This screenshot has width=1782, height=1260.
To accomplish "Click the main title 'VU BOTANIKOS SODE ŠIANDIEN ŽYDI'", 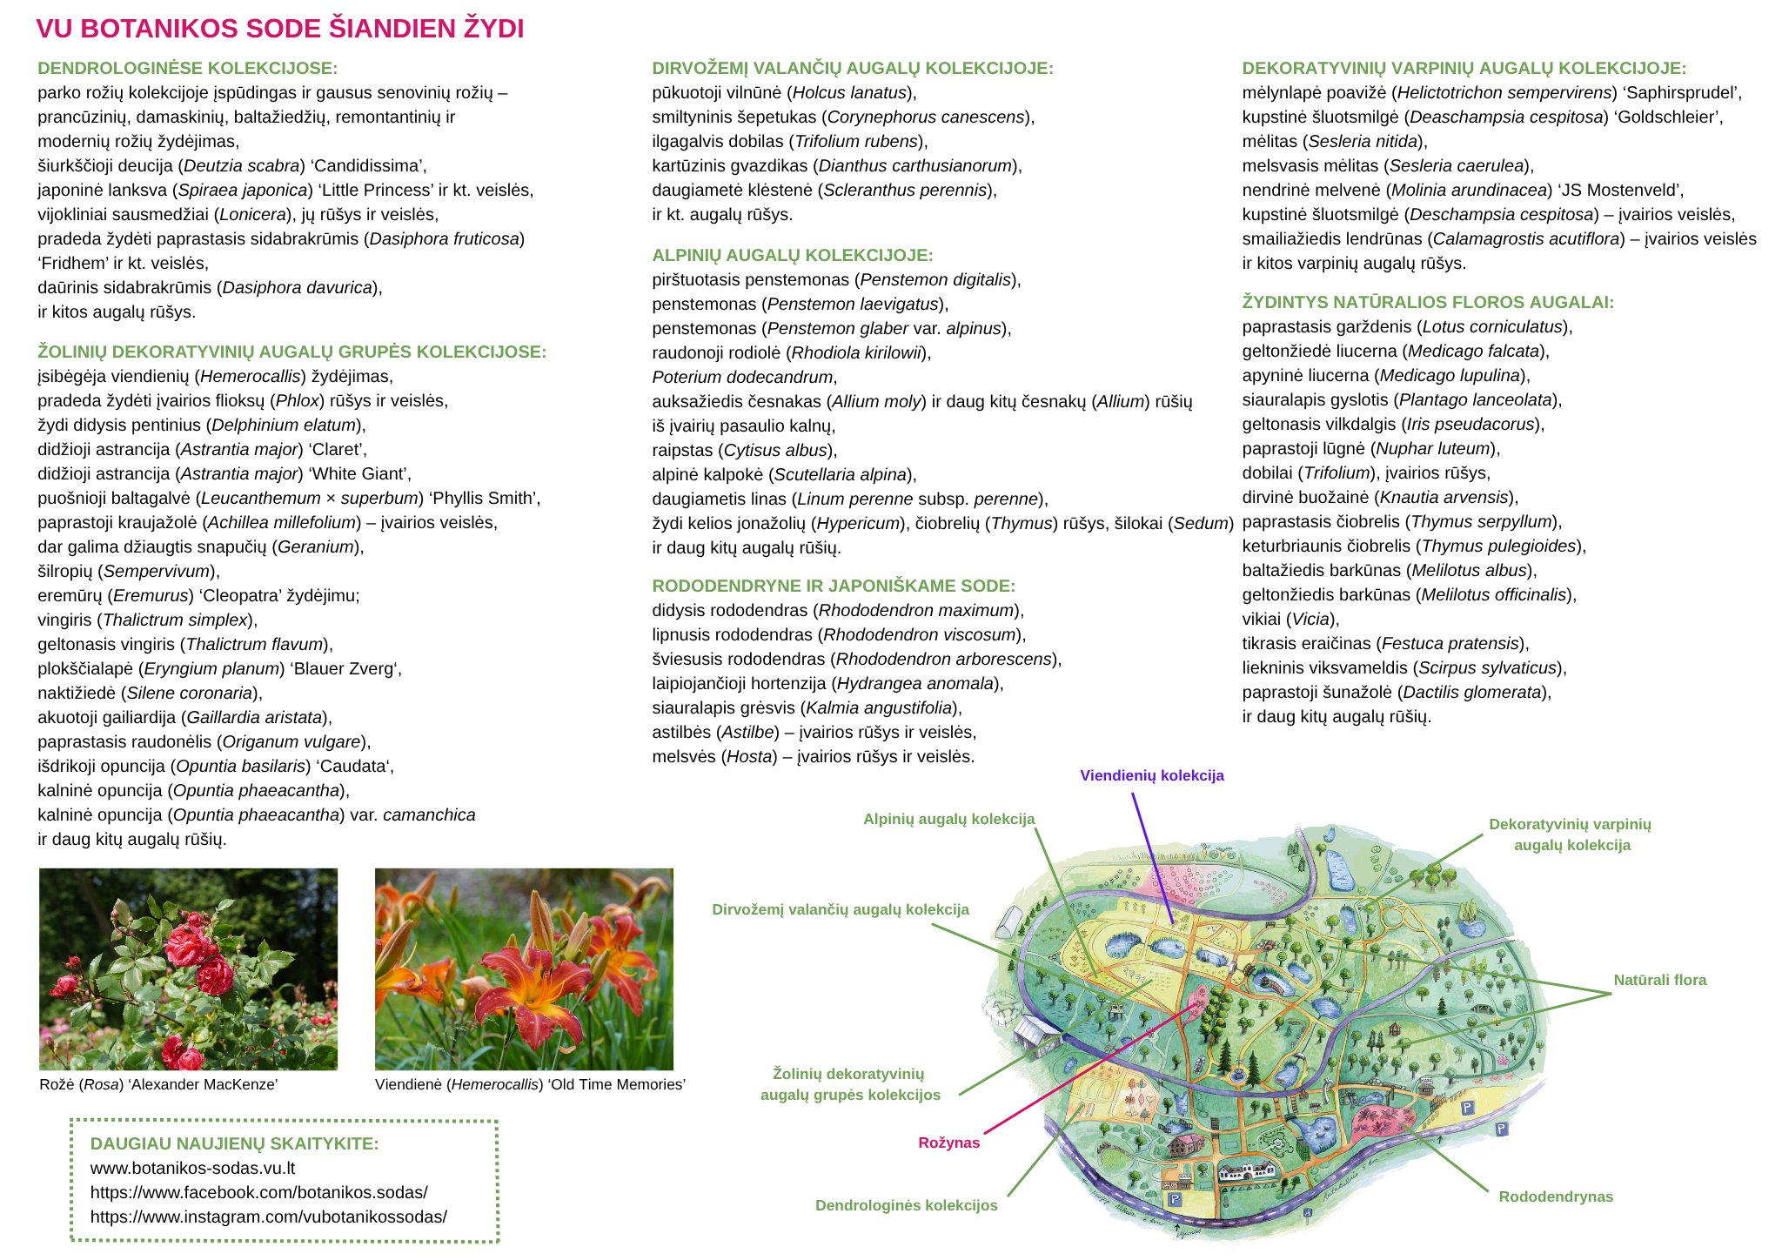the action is pos(280,29).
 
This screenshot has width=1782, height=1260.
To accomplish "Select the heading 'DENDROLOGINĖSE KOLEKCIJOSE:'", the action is pos(188,68).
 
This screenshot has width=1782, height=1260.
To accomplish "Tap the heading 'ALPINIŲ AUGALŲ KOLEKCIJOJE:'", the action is pos(793,255).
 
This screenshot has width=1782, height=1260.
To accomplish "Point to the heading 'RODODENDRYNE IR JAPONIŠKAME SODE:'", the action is pos(834,586).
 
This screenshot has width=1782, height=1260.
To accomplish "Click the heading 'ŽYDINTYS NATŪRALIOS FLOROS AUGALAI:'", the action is pos(1428,302).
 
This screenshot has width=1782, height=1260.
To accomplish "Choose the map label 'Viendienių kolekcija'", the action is pos(1152,775).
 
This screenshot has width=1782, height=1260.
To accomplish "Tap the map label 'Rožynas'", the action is pos(949,1143).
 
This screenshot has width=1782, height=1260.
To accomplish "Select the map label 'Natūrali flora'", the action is pos(1660,980).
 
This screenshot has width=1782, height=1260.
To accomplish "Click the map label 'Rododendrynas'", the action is pos(1556,1196).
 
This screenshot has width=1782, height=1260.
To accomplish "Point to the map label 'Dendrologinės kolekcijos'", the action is pos(907,1205).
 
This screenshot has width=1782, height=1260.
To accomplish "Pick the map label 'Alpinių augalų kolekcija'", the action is pos(949,819).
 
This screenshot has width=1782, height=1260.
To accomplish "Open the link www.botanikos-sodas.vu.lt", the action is pos(193,1168).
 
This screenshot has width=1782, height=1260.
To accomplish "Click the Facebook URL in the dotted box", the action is pos(259,1192).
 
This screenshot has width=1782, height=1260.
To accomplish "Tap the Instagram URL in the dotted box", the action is pos(269,1216).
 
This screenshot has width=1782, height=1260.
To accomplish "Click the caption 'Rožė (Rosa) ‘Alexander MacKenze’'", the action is pos(158,1084).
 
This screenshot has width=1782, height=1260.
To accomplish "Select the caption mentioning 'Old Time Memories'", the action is pos(530,1084).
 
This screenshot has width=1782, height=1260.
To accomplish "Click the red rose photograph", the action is pos(188,968).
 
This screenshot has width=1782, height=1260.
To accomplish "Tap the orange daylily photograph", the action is pos(524,968).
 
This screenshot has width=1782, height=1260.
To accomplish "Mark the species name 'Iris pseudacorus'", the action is pos(1470,424).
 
